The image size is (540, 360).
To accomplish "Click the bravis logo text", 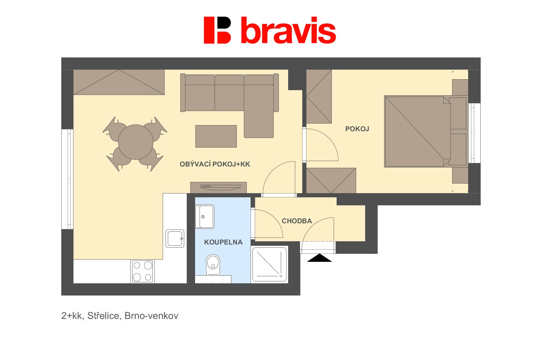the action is coord(288,30).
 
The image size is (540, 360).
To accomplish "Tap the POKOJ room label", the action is coord(357,129).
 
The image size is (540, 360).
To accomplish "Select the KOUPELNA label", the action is coord(223,242).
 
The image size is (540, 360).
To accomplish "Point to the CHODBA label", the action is coord(297,221).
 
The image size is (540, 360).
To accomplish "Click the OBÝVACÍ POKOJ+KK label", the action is coord(215,164).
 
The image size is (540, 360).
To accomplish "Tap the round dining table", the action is coord(136,142).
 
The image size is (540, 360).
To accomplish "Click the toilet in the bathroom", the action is coord(213,265).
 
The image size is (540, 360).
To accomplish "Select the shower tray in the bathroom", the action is coord(270,264).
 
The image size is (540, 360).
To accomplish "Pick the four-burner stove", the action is coord(142,271).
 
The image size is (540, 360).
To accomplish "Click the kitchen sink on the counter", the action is coord(175,239).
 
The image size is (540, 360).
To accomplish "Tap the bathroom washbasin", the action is coord(204,217).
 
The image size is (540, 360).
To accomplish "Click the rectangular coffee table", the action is coord(216,136).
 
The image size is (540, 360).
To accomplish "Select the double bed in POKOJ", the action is coord(425,132).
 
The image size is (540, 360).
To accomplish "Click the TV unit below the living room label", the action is coord(219,188).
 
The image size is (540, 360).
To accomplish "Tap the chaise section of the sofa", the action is coord(259,111).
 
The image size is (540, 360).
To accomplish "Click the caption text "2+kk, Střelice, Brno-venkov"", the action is coord(120,316).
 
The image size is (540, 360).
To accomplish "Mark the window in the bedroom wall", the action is coord(474,133).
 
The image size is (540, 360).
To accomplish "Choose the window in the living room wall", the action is coord(67,179).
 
